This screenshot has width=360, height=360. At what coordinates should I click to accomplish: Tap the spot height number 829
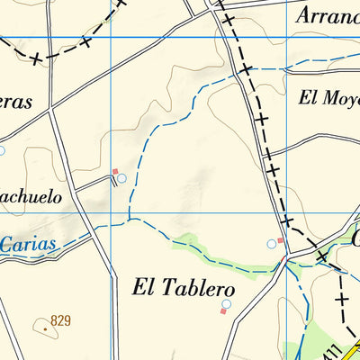(61, 320)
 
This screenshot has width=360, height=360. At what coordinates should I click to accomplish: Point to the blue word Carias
(27, 244)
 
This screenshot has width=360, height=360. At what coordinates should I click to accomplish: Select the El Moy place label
(329, 98)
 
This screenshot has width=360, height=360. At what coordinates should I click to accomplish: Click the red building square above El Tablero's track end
(114, 171)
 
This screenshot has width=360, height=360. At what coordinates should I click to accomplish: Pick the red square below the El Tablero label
(222, 312)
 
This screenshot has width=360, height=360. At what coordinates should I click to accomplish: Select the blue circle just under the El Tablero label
(227, 304)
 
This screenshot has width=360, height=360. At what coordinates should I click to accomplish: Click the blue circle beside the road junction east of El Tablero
(271, 244)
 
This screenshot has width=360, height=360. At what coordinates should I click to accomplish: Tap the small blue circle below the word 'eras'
(1, 150)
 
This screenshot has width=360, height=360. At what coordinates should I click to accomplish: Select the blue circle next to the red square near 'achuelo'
(121, 178)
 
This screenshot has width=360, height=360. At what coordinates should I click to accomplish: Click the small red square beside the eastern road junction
(280, 240)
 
